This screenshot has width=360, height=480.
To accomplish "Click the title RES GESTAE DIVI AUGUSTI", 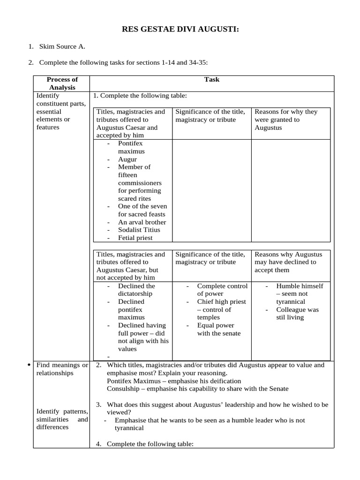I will click(x=180, y=30).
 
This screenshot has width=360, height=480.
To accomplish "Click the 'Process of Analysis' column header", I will click(x=62, y=83).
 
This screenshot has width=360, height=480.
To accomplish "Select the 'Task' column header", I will click(x=212, y=80).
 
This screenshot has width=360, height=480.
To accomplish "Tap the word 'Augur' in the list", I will click(x=127, y=159).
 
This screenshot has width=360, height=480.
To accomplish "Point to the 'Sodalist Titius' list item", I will click(x=139, y=230).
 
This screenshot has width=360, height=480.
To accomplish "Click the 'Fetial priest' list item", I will click(x=135, y=238).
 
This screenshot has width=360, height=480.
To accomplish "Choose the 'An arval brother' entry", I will click(x=142, y=222).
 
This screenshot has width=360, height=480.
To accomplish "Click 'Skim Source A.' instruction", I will click(x=62, y=46).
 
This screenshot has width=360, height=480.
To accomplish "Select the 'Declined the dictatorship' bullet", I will click(x=136, y=290).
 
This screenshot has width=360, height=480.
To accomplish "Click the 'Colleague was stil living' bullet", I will click(x=297, y=314).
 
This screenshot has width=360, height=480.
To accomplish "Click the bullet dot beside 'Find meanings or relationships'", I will click(x=30, y=365).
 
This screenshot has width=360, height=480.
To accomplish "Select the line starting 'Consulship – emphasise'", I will click(x=197, y=389).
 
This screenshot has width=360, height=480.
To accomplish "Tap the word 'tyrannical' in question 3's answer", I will click(x=129, y=428).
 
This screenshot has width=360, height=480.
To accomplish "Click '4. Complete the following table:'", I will click(x=150, y=443).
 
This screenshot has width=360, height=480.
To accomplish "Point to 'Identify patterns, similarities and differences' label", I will click(x=62, y=419).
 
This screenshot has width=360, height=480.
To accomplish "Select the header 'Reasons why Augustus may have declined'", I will click(x=285, y=262).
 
